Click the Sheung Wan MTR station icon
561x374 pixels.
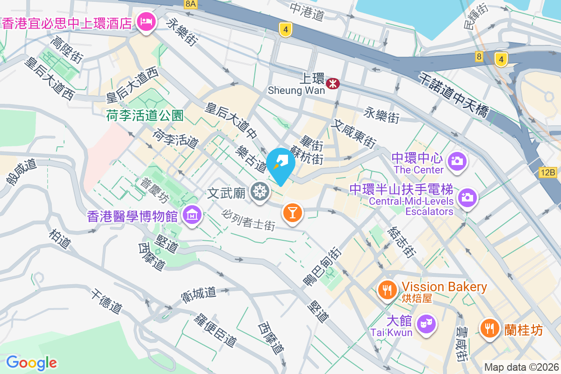point(333,84)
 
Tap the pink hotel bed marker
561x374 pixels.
point(146,22)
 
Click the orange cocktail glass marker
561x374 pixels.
point(292,213)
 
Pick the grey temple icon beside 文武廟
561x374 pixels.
point(259,192)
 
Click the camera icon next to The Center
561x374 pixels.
point(457,162)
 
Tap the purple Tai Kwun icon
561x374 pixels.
point(426,323)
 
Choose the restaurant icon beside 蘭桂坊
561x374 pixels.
point(489,328)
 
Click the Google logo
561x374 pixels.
point(31,363)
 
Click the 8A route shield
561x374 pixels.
point(191,4)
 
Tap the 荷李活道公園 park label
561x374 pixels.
point(144,115)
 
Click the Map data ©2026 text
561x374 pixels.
point(521,367)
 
